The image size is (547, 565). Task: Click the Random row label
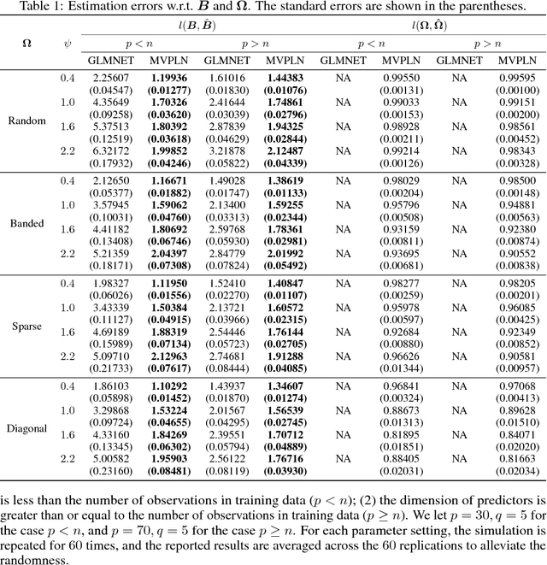pyautogui.click(x=27, y=121)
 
